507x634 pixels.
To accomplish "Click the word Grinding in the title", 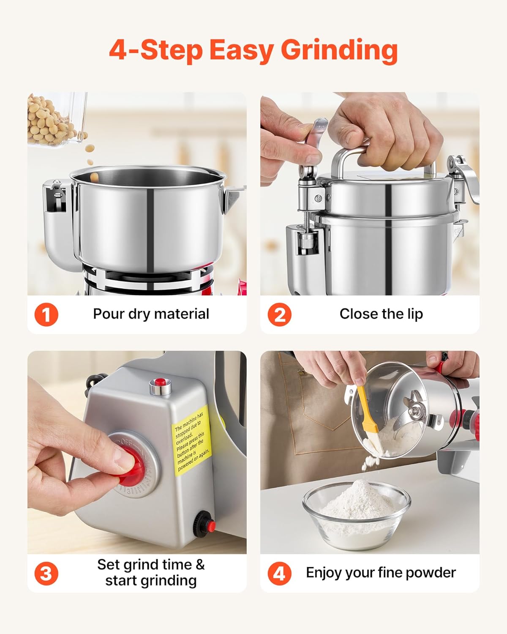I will click(x=339, y=51).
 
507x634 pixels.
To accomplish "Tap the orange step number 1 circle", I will click(x=46, y=314).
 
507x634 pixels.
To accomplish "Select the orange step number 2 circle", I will click(x=279, y=314).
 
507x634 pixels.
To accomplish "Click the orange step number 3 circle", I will click(x=46, y=573).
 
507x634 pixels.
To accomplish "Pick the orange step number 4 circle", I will click(x=279, y=573).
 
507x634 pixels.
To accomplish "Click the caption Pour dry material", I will click(x=151, y=314).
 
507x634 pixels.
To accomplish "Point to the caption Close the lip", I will click(x=381, y=314).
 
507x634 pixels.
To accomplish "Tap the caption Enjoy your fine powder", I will click(x=381, y=573).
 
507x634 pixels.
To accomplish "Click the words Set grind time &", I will click(x=151, y=565).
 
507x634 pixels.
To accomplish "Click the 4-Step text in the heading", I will click(x=156, y=51).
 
